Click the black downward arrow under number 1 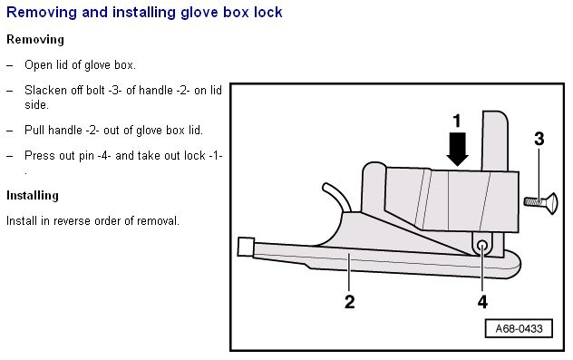pyautogui.click(x=457, y=149)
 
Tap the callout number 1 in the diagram pyautogui.click(x=457, y=122)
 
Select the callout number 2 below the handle pyautogui.click(x=349, y=302)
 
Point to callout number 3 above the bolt pyautogui.click(x=539, y=139)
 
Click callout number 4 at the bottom pyautogui.click(x=482, y=302)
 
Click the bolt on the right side pyautogui.click(x=541, y=201)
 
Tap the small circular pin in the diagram pyautogui.click(x=482, y=245)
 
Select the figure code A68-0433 pyautogui.click(x=519, y=328)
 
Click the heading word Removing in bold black pyautogui.click(x=35, y=40)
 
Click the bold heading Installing pyautogui.click(x=33, y=196)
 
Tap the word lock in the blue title pyautogui.click(x=268, y=12)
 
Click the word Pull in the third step pyautogui.click(x=34, y=130)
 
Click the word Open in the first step pyautogui.click(x=36, y=65)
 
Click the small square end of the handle pyautogui.click(x=246, y=247)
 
